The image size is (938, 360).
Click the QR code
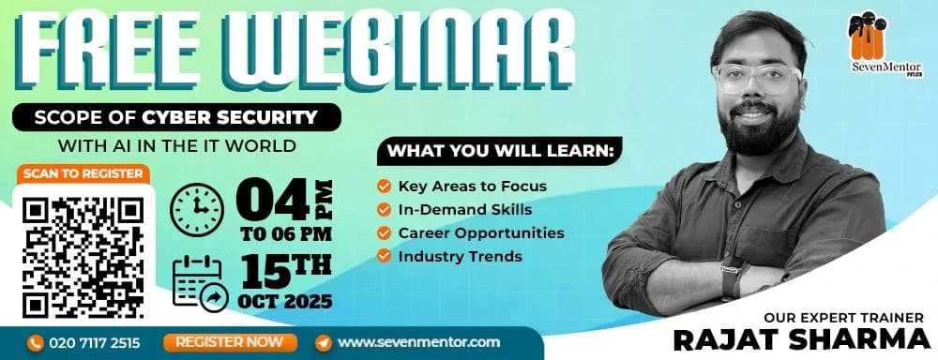tap(83, 258)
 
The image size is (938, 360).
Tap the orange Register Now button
tap(231, 343)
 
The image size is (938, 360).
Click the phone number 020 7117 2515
tap(95, 343)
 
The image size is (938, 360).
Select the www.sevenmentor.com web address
tap(418, 343)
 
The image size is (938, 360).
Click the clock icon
tap(197, 209)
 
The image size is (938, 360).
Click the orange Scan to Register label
tap(83, 174)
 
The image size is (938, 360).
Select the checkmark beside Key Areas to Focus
tap(384, 187)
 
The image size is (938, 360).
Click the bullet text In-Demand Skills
tap(465, 209)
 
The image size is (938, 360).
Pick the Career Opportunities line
tap(481, 232)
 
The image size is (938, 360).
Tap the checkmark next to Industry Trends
tap(384, 256)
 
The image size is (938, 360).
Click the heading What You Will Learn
tap(501, 151)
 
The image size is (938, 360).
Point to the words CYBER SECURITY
tap(230, 116)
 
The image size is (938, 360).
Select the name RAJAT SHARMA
tap(798, 339)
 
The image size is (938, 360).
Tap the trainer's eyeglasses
tap(756, 79)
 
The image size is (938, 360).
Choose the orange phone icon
tap(36, 343)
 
